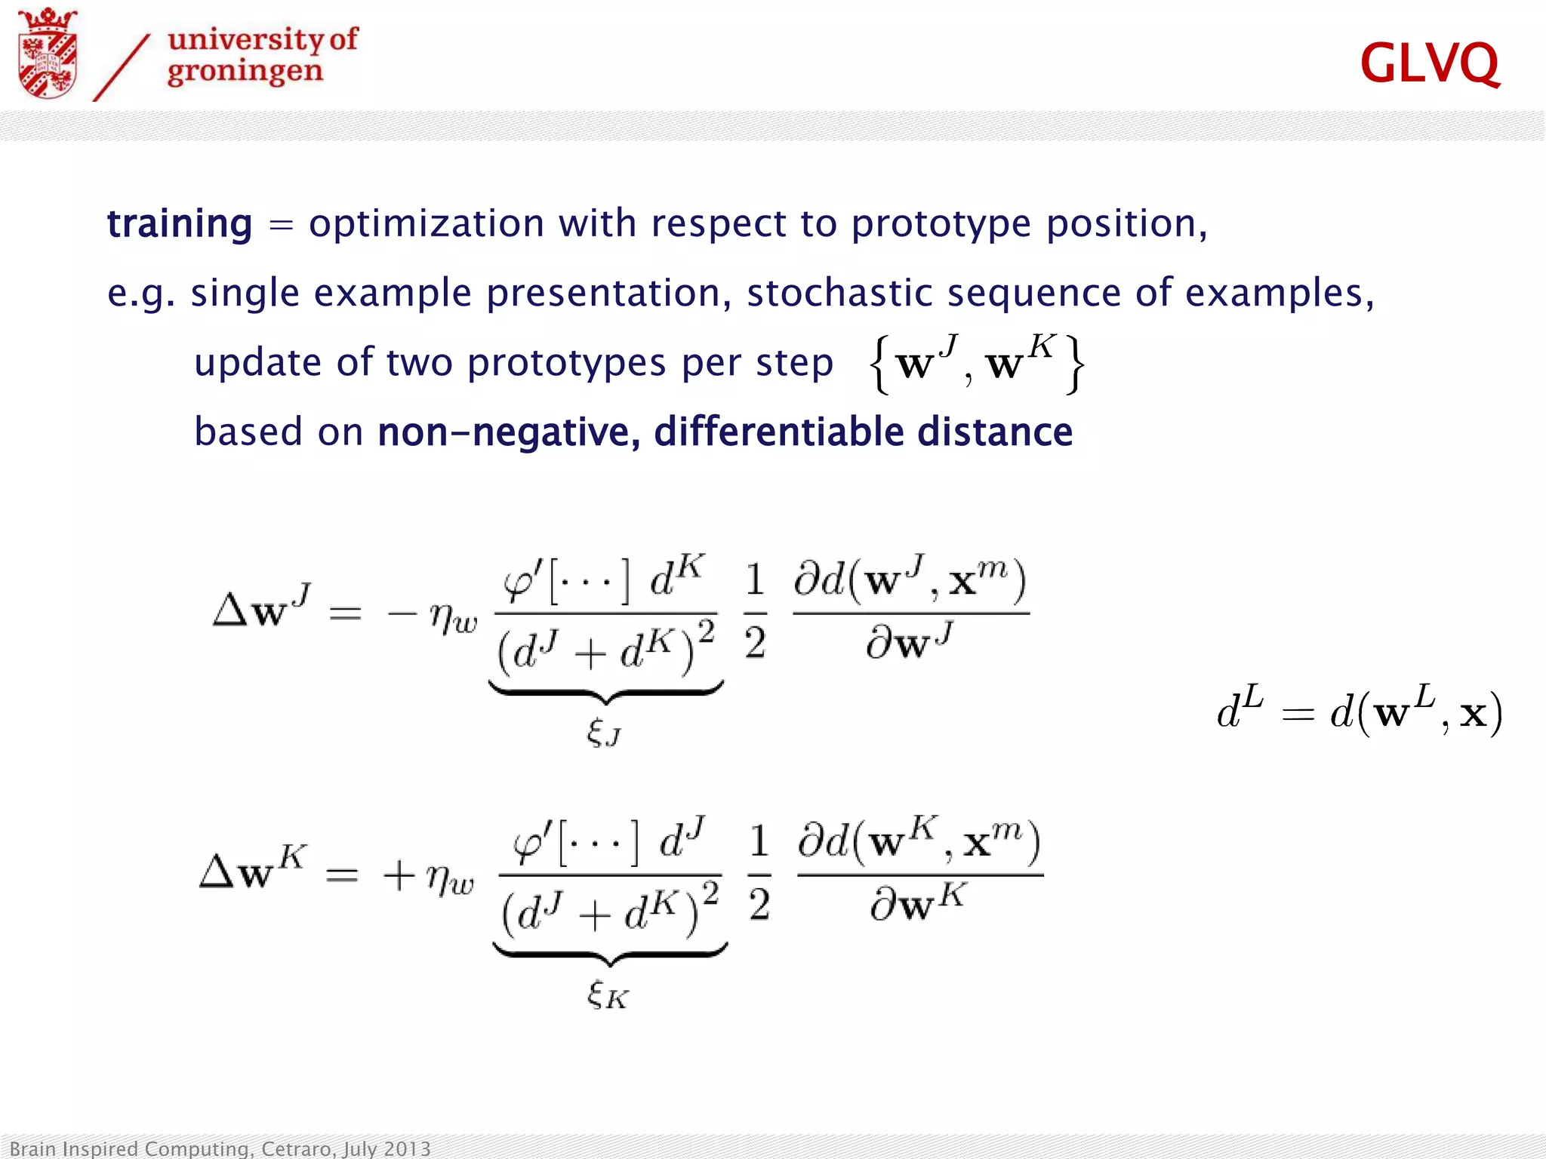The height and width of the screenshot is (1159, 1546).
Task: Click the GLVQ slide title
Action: point(1429,63)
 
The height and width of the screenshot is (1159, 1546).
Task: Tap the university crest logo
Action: point(48,54)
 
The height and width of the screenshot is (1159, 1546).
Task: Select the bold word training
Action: point(180,223)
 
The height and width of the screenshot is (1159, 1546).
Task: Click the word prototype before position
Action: point(941,224)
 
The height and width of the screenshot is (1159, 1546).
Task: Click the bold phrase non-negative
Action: point(508,432)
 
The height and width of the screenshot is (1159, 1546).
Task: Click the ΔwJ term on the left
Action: point(261,607)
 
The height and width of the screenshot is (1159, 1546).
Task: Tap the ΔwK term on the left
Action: point(253,870)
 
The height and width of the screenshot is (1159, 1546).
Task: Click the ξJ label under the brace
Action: point(604,732)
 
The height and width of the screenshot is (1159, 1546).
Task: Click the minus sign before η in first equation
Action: point(402,613)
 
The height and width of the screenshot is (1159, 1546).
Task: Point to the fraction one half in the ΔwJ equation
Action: point(755,612)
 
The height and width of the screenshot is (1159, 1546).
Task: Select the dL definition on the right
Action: point(1359,711)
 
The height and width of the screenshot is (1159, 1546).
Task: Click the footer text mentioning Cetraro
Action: point(220,1148)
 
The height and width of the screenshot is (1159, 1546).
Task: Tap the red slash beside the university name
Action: point(122,68)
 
